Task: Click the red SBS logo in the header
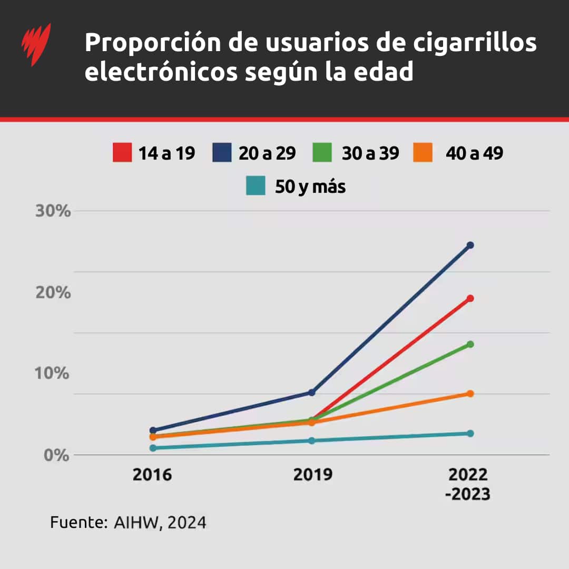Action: [x=36, y=44]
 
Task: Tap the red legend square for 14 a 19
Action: [x=122, y=153]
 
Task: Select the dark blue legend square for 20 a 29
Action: [x=222, y=153]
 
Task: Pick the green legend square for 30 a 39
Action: [x=322, y=153]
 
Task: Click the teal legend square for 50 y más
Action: [x=256, y=186]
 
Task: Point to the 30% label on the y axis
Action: [x=53, y=211]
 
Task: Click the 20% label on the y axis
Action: [x=53, y=293]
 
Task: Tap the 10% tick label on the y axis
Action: [x=53, y=374]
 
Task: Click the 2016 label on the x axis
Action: [x=152, y=475]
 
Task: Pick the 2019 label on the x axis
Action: [x=313, y=475]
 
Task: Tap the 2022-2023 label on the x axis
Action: [x=468, y=484]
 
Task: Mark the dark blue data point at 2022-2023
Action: [x=470, y=245]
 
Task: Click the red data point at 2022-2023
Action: [x=470, y=298]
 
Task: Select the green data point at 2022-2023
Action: [x=470, y=344]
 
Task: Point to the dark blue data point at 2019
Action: [x=311, y=393]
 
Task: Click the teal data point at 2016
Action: [x=153, y=448]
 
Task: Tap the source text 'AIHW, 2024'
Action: [x=160, y=523]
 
